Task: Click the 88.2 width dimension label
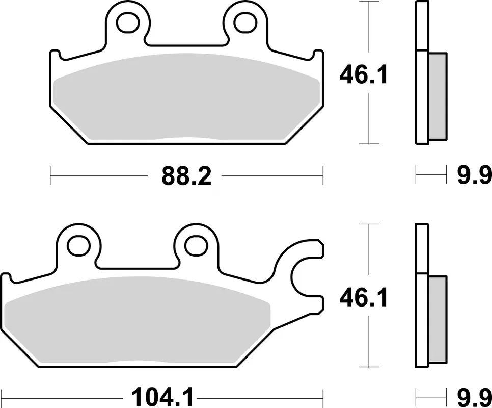(x=186, y=176)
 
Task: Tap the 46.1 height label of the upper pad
(x=364, y=74)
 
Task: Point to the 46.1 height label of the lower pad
(x=364, y=297)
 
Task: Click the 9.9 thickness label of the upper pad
(x=474, y=176)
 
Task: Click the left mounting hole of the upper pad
(x=128, y=22)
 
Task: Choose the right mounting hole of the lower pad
(x=197, y=245)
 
